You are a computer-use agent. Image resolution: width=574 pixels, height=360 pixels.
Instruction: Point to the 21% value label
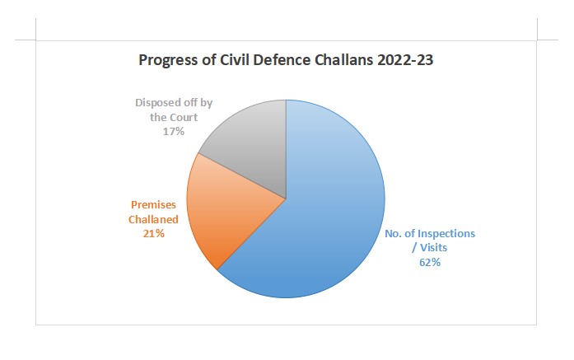153,234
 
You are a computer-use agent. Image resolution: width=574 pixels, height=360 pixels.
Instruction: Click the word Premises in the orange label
154,204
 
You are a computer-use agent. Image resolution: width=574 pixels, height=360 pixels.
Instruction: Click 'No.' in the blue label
394,233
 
